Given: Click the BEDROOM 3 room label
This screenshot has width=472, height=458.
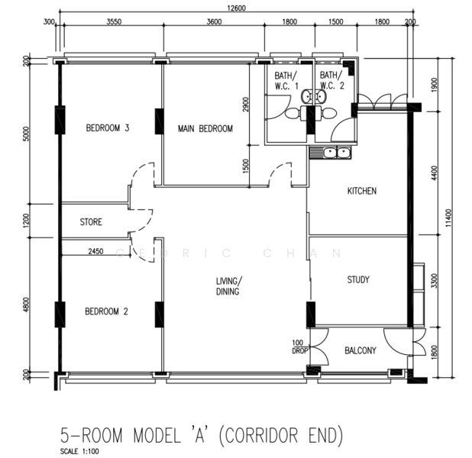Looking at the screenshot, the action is [x=108, y=128].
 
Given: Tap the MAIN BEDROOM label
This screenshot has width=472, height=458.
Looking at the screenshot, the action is [x=205, y=129].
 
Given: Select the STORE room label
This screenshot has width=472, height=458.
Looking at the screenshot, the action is [x=91, y=222].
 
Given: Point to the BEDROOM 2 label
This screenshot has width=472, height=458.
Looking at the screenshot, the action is [x=106, y=311].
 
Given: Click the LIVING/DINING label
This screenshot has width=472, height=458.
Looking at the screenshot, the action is [x=228, y=286].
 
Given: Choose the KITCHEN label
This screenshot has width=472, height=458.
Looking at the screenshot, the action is [x=362, y=191].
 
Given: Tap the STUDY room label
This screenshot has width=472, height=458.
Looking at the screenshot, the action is [x=358, y=280].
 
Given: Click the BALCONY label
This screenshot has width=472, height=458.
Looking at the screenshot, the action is [x=360, y=350].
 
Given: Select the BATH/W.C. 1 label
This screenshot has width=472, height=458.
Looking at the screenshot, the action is [x=286, y=80].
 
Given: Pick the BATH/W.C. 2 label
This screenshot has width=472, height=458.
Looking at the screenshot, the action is [x=331, y=80].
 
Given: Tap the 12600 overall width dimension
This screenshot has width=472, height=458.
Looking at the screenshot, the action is [x=236, y=8].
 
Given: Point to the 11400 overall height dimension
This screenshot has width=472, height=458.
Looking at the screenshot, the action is [x=448, y=218].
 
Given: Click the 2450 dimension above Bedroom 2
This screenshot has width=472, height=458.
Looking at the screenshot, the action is [x=95, y=251].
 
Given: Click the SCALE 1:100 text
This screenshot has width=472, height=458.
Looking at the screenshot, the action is [x=79, y=451].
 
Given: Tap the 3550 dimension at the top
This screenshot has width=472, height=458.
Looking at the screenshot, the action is [x=114, y=21].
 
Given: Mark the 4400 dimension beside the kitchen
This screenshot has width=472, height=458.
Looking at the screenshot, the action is [x=434, y=173].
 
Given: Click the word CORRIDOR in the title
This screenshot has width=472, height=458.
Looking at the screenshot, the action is [x=261, y=435].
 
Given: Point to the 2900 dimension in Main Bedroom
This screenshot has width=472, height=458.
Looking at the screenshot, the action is [x=246, y=104].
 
